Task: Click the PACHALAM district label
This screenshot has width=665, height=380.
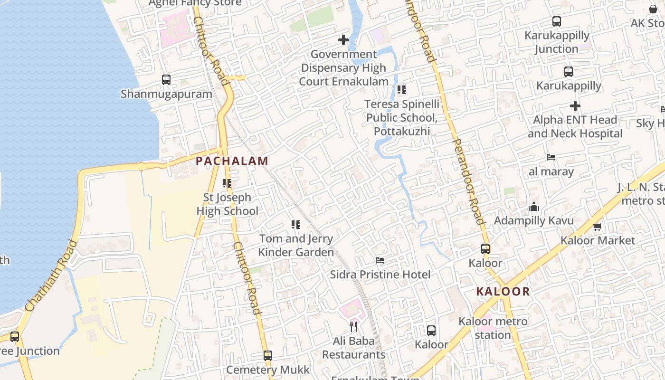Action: pos(232,161)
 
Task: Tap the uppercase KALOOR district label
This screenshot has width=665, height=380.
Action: pos(503,291)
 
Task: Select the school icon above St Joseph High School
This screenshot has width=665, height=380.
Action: pos(227,183)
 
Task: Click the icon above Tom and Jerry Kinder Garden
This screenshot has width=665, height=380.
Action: pos(296,224)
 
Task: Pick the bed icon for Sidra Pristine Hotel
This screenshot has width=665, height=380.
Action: pos(380,260)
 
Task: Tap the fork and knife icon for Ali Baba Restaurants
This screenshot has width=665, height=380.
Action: pos(353,326)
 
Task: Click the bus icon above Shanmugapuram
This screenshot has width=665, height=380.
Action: pos(166,79)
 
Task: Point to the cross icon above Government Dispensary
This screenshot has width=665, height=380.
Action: pos(343,40)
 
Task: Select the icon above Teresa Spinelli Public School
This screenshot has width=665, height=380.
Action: pos(402,89)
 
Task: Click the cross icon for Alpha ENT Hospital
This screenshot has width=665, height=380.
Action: pos(575,105)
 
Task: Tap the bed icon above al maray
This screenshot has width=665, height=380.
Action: pos(551,157)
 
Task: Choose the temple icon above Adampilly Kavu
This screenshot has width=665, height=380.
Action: pos(534,207)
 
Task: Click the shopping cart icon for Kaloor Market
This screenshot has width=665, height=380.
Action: pos(598,227)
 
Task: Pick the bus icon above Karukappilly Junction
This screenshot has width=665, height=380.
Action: pos(557,21)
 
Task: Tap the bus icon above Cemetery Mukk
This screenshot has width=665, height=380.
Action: pos(268,355)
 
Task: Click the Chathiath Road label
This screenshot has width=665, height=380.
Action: pos(52,276)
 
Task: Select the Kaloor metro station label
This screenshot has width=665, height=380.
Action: pos(493,328)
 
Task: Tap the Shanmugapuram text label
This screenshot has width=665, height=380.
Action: pos(166,94)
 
